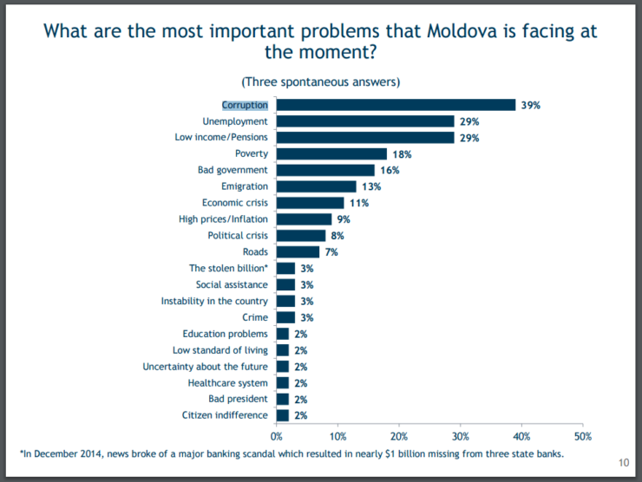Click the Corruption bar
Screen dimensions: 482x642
(396, 105)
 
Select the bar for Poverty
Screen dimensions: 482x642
(331, 153)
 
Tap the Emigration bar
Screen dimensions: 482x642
(316, 186)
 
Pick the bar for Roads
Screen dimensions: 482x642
(298, 252)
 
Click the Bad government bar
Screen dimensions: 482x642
(325, 170)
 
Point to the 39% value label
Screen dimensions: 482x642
(531, 105)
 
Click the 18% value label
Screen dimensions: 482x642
(402, 154)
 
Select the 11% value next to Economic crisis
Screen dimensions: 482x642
(359, 203)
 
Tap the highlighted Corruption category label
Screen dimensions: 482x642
(245, 105)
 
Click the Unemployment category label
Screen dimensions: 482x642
(235, 121)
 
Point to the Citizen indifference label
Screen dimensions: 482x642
(226, 415)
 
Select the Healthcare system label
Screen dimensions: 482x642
(228, 382)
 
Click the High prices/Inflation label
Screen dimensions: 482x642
(223, 219)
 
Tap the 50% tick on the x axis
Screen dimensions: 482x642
(583, 436)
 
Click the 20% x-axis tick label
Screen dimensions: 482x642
(399, 436)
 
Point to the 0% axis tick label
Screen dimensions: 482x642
(277, 436)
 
